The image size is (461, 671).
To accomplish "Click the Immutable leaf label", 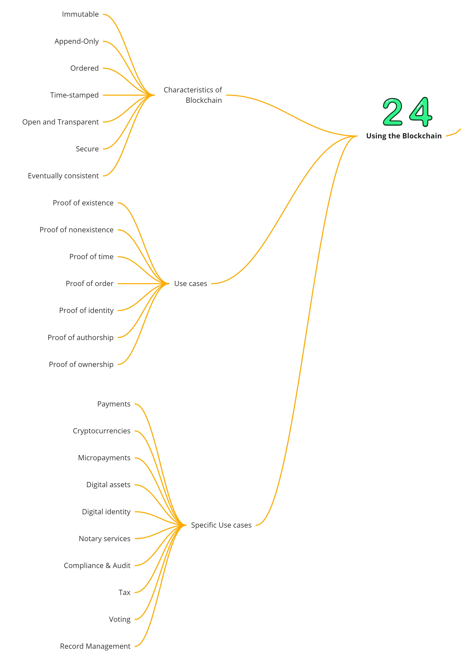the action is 80,14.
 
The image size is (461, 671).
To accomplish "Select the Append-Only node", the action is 77,41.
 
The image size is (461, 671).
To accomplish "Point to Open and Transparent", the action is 60,122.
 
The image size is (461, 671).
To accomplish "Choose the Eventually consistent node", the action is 63,176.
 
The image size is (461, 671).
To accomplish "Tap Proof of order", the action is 90,284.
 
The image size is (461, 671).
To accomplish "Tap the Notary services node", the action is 105,539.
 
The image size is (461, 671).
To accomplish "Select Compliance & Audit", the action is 97,565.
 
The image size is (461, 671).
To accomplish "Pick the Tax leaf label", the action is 125,592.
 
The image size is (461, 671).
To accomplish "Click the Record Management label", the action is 95,646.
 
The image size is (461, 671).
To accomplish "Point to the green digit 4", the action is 421,112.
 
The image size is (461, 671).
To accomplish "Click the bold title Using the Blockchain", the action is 404,136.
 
